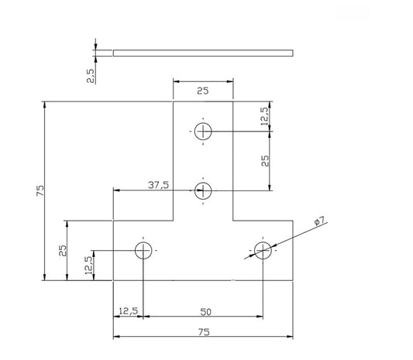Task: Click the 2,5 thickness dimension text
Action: coord(91,75)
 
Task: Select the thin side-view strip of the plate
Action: coord(204,53)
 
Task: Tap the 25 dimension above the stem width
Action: coord(202,91)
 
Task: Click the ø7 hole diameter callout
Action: coord(318,221)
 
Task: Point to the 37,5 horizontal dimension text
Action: coord(160,185)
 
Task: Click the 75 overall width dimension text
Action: coord(203,332)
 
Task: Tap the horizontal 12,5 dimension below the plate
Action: coord(129,311)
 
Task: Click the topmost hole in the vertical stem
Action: coord(203,131)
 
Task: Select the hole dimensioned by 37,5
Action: coord(203,190)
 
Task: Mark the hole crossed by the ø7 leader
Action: coord(263,250)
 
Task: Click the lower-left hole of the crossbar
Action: coord(143,250)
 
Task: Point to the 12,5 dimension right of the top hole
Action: coord(265,116)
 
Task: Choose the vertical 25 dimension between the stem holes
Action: coord(265,160)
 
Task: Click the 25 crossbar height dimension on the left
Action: coord(64,250)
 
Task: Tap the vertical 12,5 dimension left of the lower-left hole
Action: coord(88,265)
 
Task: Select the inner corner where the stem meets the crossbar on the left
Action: coord(174,220)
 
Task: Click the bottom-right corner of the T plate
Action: coord(293,280)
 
